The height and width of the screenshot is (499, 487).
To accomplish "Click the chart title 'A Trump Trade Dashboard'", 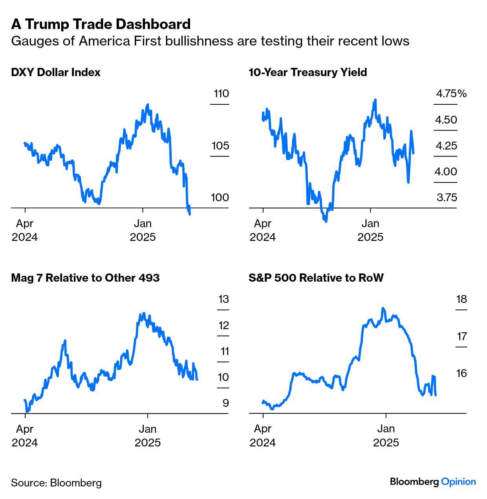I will pos(101,24).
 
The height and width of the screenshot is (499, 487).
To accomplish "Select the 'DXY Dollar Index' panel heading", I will pos(56,73).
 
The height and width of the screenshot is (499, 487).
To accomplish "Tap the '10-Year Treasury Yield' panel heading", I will pos(308,73).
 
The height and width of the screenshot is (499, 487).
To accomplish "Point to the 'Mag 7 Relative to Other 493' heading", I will pos(85,278).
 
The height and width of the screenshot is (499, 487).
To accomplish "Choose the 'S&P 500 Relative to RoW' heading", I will pos(316,278).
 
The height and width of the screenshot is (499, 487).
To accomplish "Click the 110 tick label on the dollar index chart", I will pos(221,94).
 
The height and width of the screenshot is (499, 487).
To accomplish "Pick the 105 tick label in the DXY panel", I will pos(220,146).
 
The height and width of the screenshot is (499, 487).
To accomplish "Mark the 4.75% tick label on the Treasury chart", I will pos(451,94).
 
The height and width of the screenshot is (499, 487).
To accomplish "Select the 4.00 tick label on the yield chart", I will pos(446,172).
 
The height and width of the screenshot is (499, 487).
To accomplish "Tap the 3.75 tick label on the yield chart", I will pos(447,198).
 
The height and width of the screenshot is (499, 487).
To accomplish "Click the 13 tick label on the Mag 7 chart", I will pos(223,299).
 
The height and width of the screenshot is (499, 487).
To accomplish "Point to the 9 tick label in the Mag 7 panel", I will pos(225,403).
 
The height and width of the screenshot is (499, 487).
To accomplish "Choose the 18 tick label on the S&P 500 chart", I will pos(461,299).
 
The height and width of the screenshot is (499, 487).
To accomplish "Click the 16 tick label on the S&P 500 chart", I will pos(461,373).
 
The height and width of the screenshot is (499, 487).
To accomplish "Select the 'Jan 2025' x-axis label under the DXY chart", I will pos(143,230).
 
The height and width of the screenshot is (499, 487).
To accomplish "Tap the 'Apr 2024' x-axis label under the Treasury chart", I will pos(262,230).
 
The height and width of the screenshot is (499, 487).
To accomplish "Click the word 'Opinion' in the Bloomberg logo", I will pos(458,482).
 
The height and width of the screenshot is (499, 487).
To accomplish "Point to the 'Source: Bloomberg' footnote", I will pos(56,483).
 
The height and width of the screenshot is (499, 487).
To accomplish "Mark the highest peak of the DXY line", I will pos(148,104).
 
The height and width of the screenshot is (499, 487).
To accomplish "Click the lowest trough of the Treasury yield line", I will pos(326,221).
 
